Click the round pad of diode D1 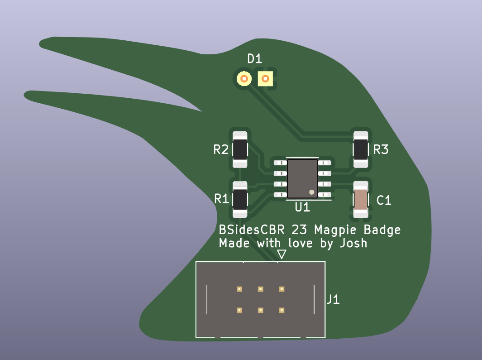click(244, 79)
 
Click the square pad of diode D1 click(265, 79)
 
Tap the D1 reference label click(254, 59)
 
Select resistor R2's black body click(240, 150)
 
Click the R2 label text click(221, 149)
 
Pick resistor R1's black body click(240, 199)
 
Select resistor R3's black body click(361, 150)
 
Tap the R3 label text click(381, 149)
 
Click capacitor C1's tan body click(361, 200)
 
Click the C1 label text click(384, 200)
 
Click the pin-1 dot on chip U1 click(311, 192)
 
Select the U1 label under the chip click(302, 208)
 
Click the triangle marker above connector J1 click(282, 254)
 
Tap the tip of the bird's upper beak click(42, 44)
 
